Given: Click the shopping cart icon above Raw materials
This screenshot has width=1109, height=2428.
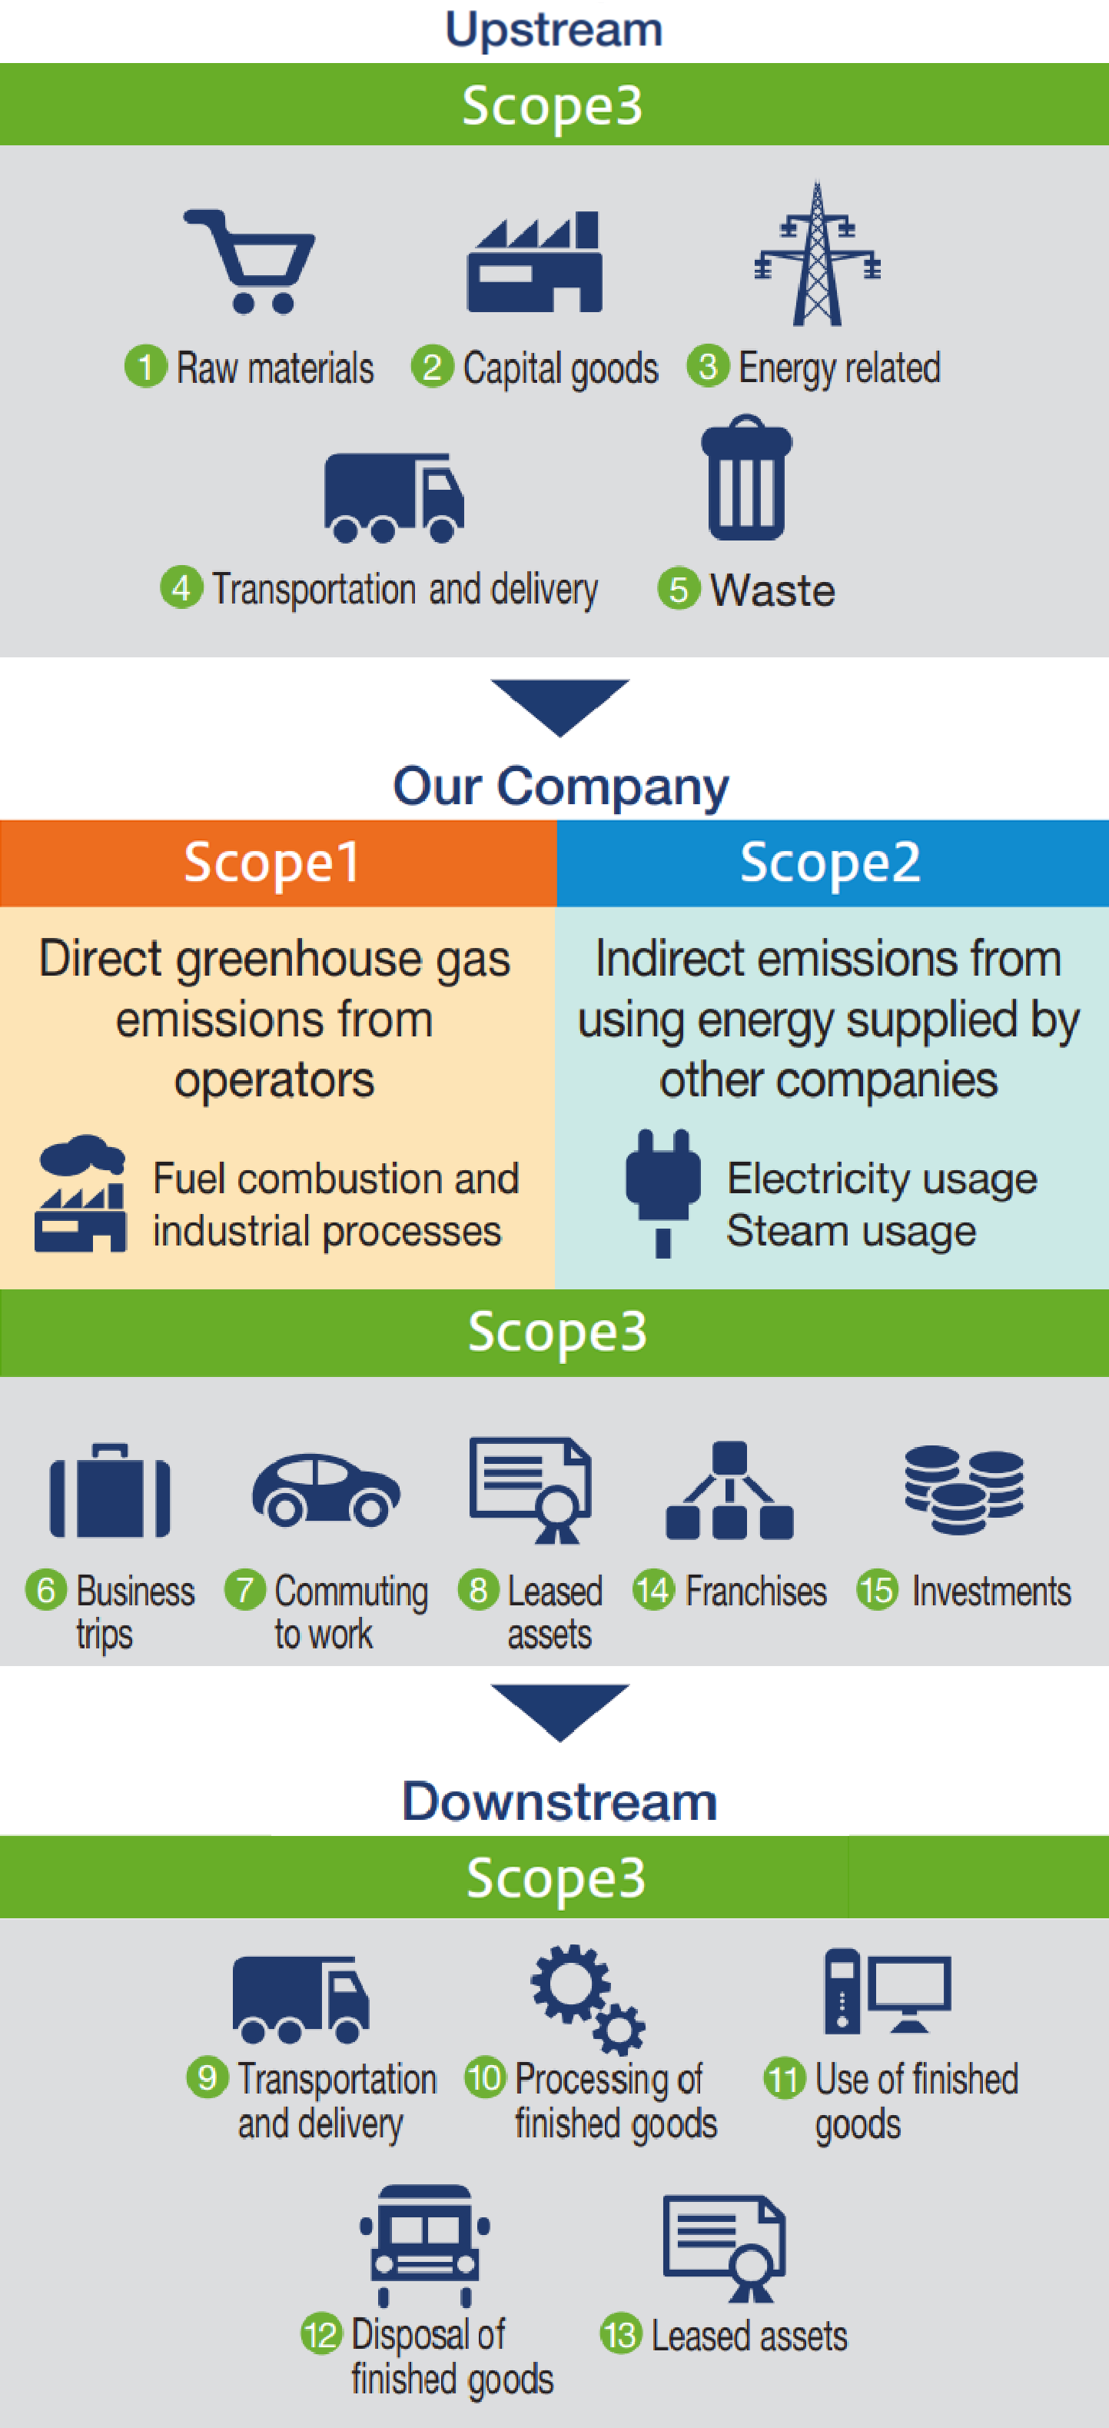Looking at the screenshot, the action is pos(250,261).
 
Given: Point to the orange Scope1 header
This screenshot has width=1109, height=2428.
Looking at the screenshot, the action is pos(278,863).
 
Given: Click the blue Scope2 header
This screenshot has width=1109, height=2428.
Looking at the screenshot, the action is pos(833,863).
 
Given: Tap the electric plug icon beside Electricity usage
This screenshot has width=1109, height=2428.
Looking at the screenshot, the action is pos(663,1192).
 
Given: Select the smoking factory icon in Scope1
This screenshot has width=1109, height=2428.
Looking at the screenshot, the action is pos(81,1192).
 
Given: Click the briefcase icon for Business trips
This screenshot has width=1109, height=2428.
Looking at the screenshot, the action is pos(110,1490).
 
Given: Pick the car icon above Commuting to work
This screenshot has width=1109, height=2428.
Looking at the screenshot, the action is pos(326,1489).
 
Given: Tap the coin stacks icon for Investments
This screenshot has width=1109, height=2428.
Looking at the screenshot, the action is pos(964,1489).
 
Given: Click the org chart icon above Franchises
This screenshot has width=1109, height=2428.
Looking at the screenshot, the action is pos(729,1490).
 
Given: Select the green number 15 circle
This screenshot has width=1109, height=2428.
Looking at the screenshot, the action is pos(877,1590).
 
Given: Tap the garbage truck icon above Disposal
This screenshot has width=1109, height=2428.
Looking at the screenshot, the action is pos(425,2244).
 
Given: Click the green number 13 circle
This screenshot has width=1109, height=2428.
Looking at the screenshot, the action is pos(621,2335).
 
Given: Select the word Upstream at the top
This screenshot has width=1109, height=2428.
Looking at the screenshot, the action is pos(554,29).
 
